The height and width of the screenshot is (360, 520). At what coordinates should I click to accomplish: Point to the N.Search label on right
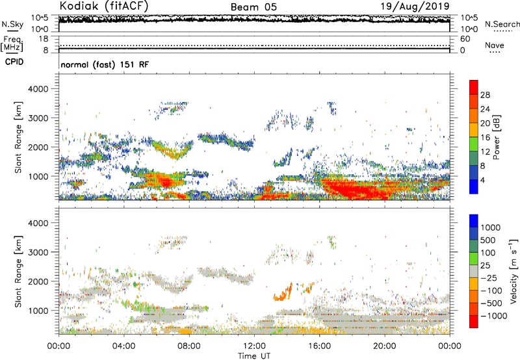(x=499, y=23)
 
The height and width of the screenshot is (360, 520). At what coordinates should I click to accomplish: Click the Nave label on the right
(x=494, y=45)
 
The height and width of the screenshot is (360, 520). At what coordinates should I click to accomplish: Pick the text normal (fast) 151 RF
(x=101, y=65)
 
